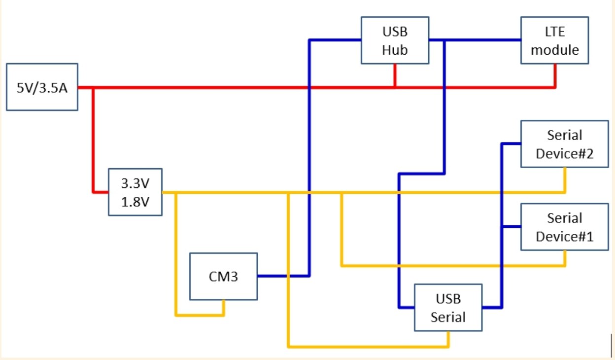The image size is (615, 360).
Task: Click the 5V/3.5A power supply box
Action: click(x=42, y=87)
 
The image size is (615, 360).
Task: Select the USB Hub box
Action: click(x=395, y=40)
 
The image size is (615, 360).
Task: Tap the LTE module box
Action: click(x=555, y=40)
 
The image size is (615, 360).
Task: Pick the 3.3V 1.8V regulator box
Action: click(x=136, y=192)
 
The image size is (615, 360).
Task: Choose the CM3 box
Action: click(x=224, y=276)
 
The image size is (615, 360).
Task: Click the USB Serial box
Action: click(x=448, y=307)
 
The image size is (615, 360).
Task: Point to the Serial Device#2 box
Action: click(x=564, y=144)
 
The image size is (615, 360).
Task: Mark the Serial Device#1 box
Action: click(x=564, y=227)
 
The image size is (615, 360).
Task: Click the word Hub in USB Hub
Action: click(x=395, y=49)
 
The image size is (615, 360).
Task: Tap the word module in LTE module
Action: click(x=555, y=50)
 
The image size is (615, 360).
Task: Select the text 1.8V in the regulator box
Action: click(x=135, y=202)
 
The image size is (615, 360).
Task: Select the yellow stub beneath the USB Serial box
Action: click(x=448, y=339)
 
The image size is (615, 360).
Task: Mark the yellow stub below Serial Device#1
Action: click(x=565, y=258)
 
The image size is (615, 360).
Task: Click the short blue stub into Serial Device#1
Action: click(x=512, y=227)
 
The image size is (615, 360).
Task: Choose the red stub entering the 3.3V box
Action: click(x=101, y=192)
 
